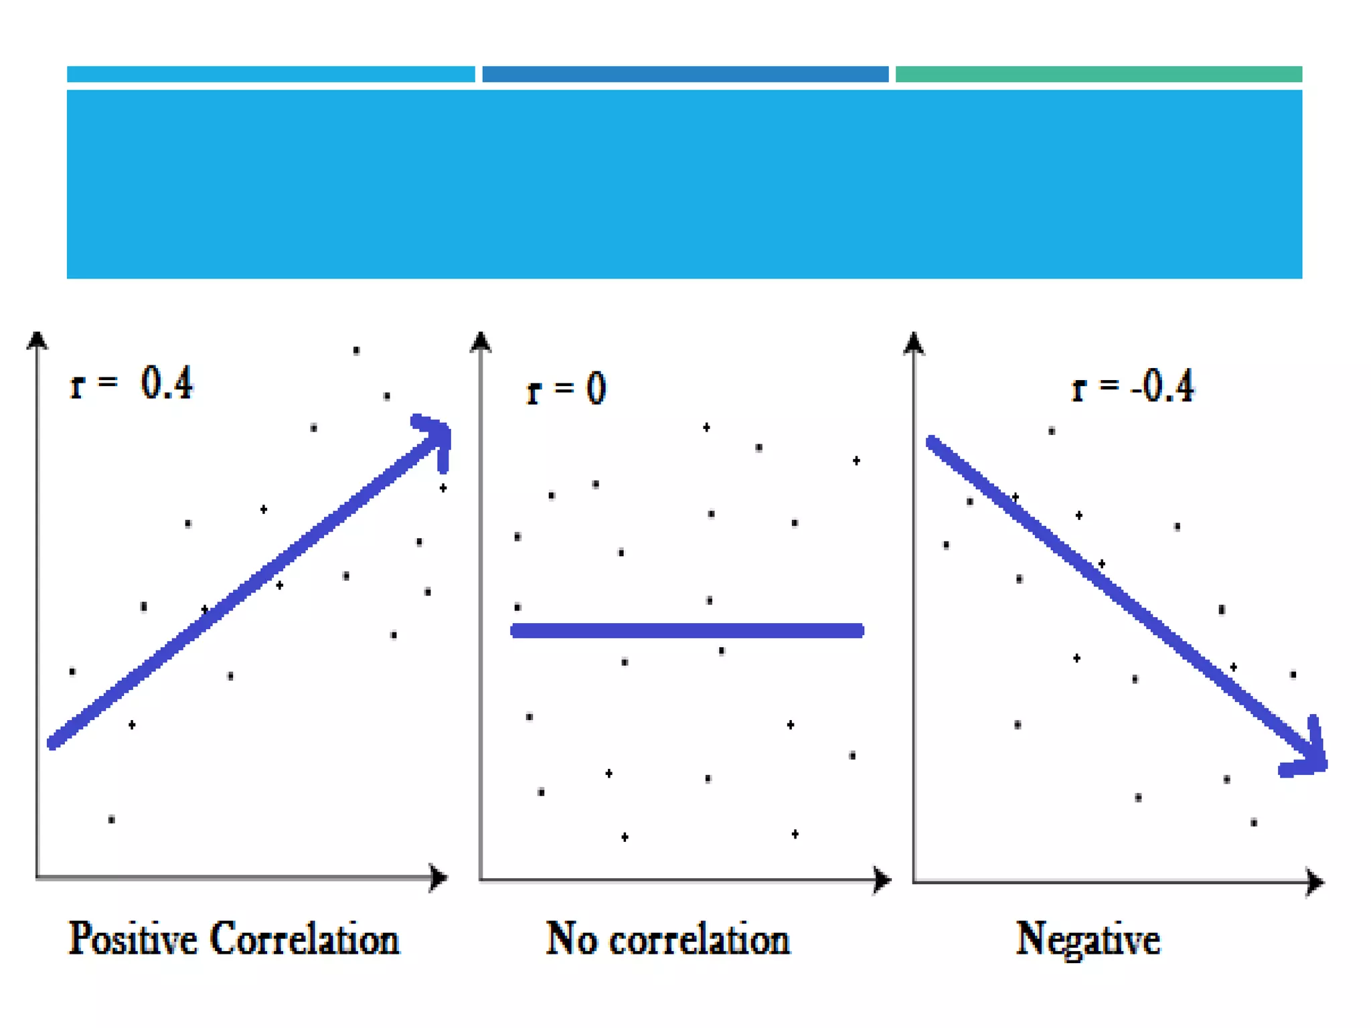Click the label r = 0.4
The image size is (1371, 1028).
point(132,383)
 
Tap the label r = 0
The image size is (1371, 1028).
point(566,389)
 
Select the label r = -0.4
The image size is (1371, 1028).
point(1133,386)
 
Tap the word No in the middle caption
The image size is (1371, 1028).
point(571,939)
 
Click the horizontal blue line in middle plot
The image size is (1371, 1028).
point(687,630)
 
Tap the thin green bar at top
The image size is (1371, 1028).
point(1099,74)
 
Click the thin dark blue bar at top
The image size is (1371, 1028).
point(685,74)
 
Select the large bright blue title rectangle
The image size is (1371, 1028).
point(684,184)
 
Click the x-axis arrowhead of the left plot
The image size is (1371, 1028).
point(438,877)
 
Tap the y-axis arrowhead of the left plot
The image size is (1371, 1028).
point(37,340)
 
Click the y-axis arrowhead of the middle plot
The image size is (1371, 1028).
point(481,341)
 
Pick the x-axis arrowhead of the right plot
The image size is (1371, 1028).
point(1315,882)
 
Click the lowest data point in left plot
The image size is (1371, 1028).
point(112,819)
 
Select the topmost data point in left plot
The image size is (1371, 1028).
point(356,350)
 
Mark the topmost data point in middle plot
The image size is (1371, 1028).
point(706,427)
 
